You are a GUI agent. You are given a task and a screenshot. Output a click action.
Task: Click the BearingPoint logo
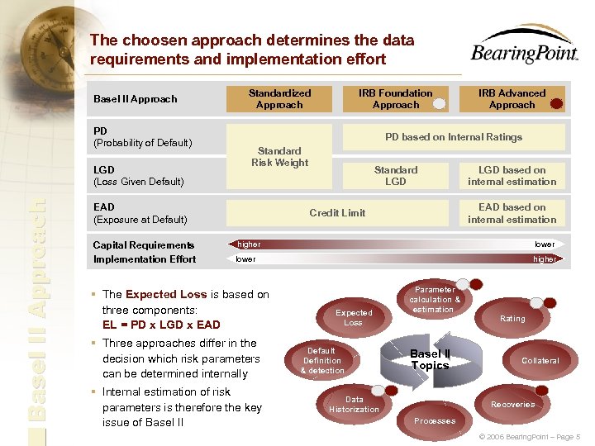tap(524, 45)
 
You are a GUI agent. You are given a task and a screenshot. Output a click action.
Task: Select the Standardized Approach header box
tap(279, 99)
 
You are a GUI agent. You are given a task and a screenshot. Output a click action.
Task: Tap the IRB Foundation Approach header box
tap(396, 99)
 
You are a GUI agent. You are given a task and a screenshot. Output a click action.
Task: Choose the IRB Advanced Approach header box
tap(512, 99)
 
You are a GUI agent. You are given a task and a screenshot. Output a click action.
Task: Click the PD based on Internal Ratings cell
tap(454, 137)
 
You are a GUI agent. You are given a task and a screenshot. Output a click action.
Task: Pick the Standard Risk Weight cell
tap(279, 156)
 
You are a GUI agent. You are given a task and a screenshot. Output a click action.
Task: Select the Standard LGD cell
tap(396, 176)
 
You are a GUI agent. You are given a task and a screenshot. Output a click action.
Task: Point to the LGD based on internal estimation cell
tap(512, 176)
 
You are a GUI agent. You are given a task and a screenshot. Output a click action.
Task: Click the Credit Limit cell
tap(337, 213)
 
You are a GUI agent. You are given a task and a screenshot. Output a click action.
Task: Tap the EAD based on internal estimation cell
tap(512, 213)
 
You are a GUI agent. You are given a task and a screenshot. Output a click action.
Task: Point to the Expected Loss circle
tap(354, 317)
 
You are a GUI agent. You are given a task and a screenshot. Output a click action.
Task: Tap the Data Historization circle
tap(355, 404)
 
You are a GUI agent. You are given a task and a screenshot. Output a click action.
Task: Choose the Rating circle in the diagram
tap(512, 318)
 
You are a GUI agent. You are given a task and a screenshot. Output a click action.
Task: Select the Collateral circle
tap(540, 360)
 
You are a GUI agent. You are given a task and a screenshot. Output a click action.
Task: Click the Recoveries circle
tap(512, 404)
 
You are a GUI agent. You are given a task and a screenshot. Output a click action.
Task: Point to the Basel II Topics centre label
tap(430, 360)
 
